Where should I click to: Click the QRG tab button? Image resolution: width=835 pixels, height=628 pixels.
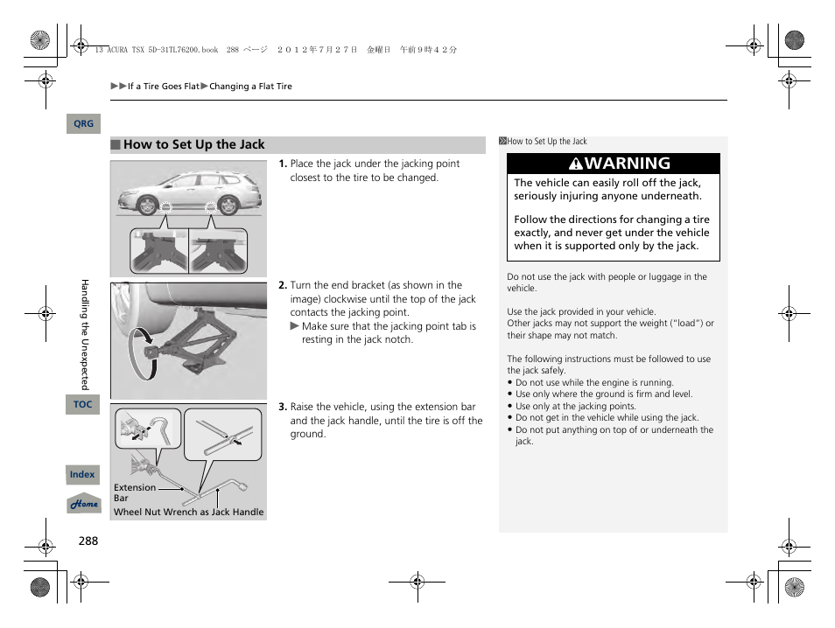(83, 124)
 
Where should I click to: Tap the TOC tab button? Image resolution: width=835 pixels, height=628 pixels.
(82, 404)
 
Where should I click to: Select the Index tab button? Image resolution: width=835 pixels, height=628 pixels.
(82, 475)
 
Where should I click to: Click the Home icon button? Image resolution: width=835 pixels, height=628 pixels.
(84, 505)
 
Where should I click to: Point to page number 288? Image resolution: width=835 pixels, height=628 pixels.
(88, 541)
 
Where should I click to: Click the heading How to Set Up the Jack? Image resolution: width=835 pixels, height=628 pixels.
(193, 145)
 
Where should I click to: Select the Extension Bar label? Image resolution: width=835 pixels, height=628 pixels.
(134, 492)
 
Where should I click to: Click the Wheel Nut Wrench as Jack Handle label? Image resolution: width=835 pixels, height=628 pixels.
(188, 513)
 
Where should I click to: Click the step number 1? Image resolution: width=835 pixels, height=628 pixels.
(283, 164)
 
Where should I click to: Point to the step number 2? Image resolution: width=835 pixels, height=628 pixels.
(283, 285)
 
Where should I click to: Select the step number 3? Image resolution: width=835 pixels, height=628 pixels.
(283, 407)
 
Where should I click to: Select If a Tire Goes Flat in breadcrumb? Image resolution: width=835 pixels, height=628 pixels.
(164, 87)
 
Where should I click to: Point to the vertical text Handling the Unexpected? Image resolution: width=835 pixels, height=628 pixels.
(85, 334)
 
